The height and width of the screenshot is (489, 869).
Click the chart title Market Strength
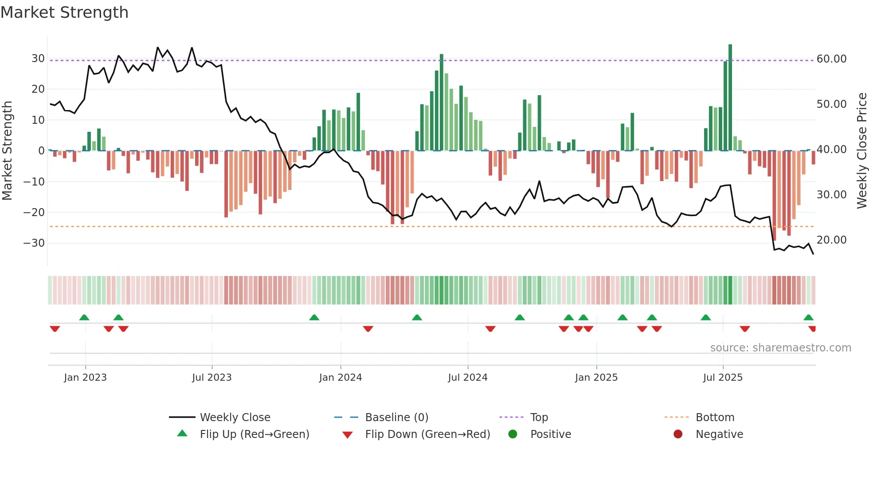click(65, 12)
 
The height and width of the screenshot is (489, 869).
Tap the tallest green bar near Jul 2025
click(730, 98)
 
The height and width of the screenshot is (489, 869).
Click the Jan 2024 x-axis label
click(341, 378)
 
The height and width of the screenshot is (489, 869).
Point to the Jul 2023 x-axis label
click(212, 378)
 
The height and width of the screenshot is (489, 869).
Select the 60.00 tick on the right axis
click(831, 59)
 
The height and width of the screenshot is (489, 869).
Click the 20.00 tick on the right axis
click(831, 240)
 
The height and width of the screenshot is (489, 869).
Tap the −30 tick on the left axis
click(34, 243)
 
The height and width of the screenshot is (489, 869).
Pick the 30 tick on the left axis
click(38, 59)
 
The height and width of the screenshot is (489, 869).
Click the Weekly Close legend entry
click(235, 418)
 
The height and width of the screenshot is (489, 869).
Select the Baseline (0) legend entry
click(396, 418)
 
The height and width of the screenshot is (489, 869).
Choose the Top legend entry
click(539, 418)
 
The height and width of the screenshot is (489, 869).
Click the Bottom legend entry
click(715, 418)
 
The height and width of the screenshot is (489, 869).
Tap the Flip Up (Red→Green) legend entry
click(254, 434)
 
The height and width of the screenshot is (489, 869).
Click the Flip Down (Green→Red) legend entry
click(427, 434)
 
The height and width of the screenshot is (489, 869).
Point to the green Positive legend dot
click(513, 434)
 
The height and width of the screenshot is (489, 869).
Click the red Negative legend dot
click(678, 434)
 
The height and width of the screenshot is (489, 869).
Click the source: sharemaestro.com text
click(780, 348)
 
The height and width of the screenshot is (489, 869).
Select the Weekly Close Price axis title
click(861, 151)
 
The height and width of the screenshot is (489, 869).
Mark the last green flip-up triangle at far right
click(808, 318)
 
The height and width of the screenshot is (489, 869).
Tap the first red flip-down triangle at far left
click(55, 329)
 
